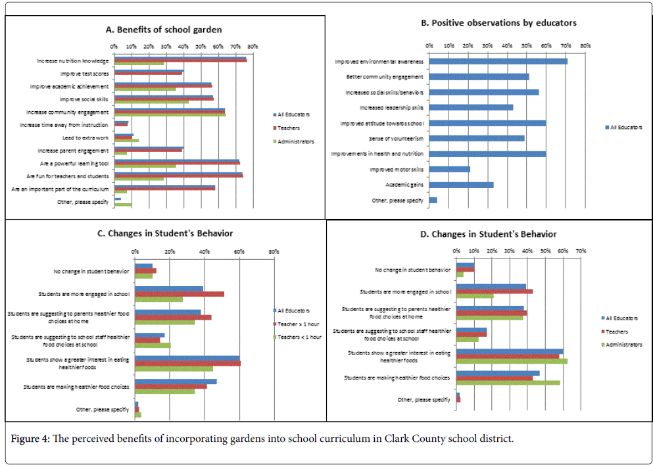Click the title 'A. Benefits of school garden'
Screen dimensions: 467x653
(164, 30)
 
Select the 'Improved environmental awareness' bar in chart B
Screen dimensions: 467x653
(498, 62)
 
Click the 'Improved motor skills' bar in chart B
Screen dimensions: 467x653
(450, 169)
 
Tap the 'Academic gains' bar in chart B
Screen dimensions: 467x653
(461, 185)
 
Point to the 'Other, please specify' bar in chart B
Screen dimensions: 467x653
(433, 200)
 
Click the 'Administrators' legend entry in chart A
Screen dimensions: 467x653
(293, 141)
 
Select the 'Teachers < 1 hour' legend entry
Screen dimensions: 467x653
(297, 337)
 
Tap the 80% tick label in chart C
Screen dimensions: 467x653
(274, 251)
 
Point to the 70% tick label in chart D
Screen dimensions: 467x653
(581, 251)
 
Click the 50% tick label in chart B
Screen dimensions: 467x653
(527, 46)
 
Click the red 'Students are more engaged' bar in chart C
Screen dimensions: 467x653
(180, 294)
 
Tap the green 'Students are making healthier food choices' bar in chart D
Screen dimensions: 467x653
(508, 382)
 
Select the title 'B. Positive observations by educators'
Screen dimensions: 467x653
(498, 23)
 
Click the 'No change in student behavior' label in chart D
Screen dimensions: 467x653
(412, 270)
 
